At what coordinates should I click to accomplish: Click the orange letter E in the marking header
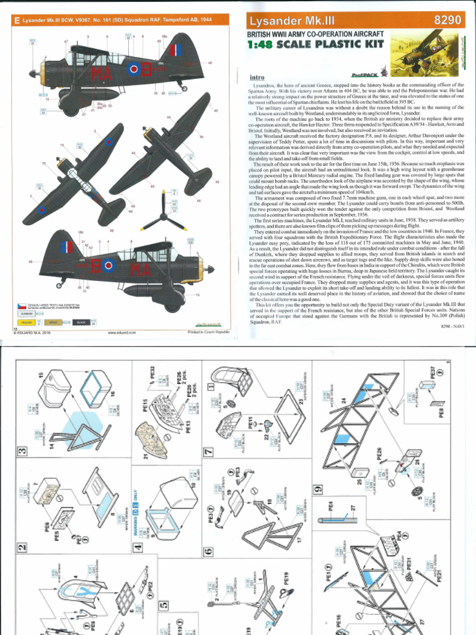click(x=17, y=20)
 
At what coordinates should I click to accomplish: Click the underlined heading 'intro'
click(x=258, y=78)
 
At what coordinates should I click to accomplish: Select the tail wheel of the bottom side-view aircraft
click(x=59, y=285)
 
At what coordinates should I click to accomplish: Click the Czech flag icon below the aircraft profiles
click(x=20, y=306)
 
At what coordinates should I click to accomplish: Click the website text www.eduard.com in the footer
click(x=121, y=333)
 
